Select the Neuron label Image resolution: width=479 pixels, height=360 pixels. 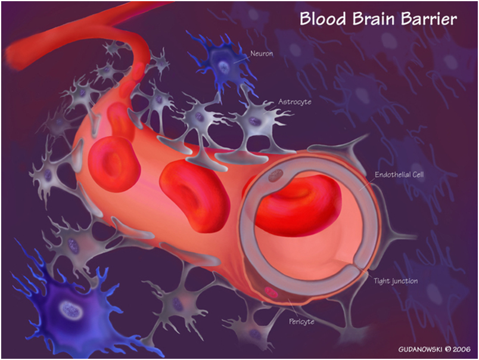click(262, 53)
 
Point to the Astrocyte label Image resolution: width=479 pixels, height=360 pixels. click(294, 102)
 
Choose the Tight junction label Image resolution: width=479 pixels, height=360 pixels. click(396, 281)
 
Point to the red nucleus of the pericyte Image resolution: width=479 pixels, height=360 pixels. click(271, 292)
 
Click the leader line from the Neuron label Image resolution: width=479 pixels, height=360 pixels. click(240, 59)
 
